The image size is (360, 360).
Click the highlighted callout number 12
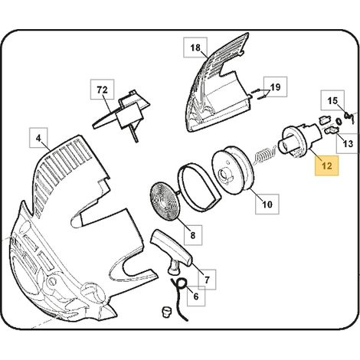coord(327,166)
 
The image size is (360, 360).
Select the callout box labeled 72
coord(103,90)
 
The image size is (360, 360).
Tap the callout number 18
coord(195,47)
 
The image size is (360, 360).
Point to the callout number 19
coord(275,87)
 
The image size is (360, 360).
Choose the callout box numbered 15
coord(332,100)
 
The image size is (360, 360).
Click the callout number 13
coord(348,144)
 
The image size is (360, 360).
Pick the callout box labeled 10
coord(267,205)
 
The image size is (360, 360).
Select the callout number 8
coord(193,235)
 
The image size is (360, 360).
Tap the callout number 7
coord(207,280)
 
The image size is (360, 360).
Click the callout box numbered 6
coord(196,296)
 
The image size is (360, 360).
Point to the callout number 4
coord(38,138)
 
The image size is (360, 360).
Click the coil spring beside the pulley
coord(264,155)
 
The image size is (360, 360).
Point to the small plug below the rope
coord(166,311)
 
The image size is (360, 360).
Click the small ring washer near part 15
coord(339,122)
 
